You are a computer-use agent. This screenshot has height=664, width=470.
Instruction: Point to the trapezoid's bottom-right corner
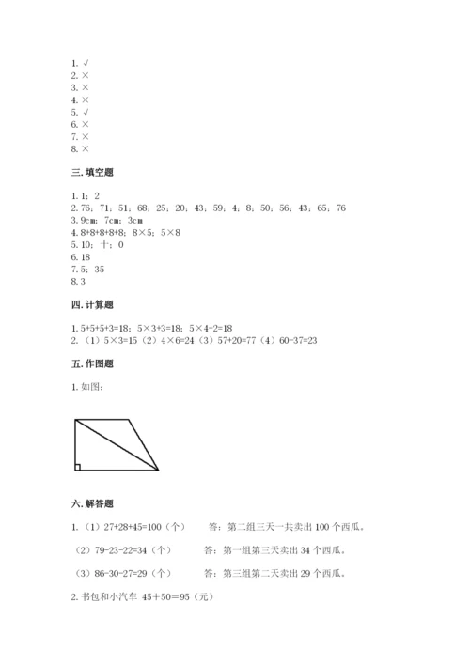pos(158,469)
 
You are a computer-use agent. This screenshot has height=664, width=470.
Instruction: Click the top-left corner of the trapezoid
pos(75,419)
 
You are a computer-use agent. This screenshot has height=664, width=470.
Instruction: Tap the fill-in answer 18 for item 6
pos(85,255)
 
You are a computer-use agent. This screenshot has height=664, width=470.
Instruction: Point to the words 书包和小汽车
pos(106,595)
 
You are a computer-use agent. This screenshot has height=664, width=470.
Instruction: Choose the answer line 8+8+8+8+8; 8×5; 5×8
pos(126,231)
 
